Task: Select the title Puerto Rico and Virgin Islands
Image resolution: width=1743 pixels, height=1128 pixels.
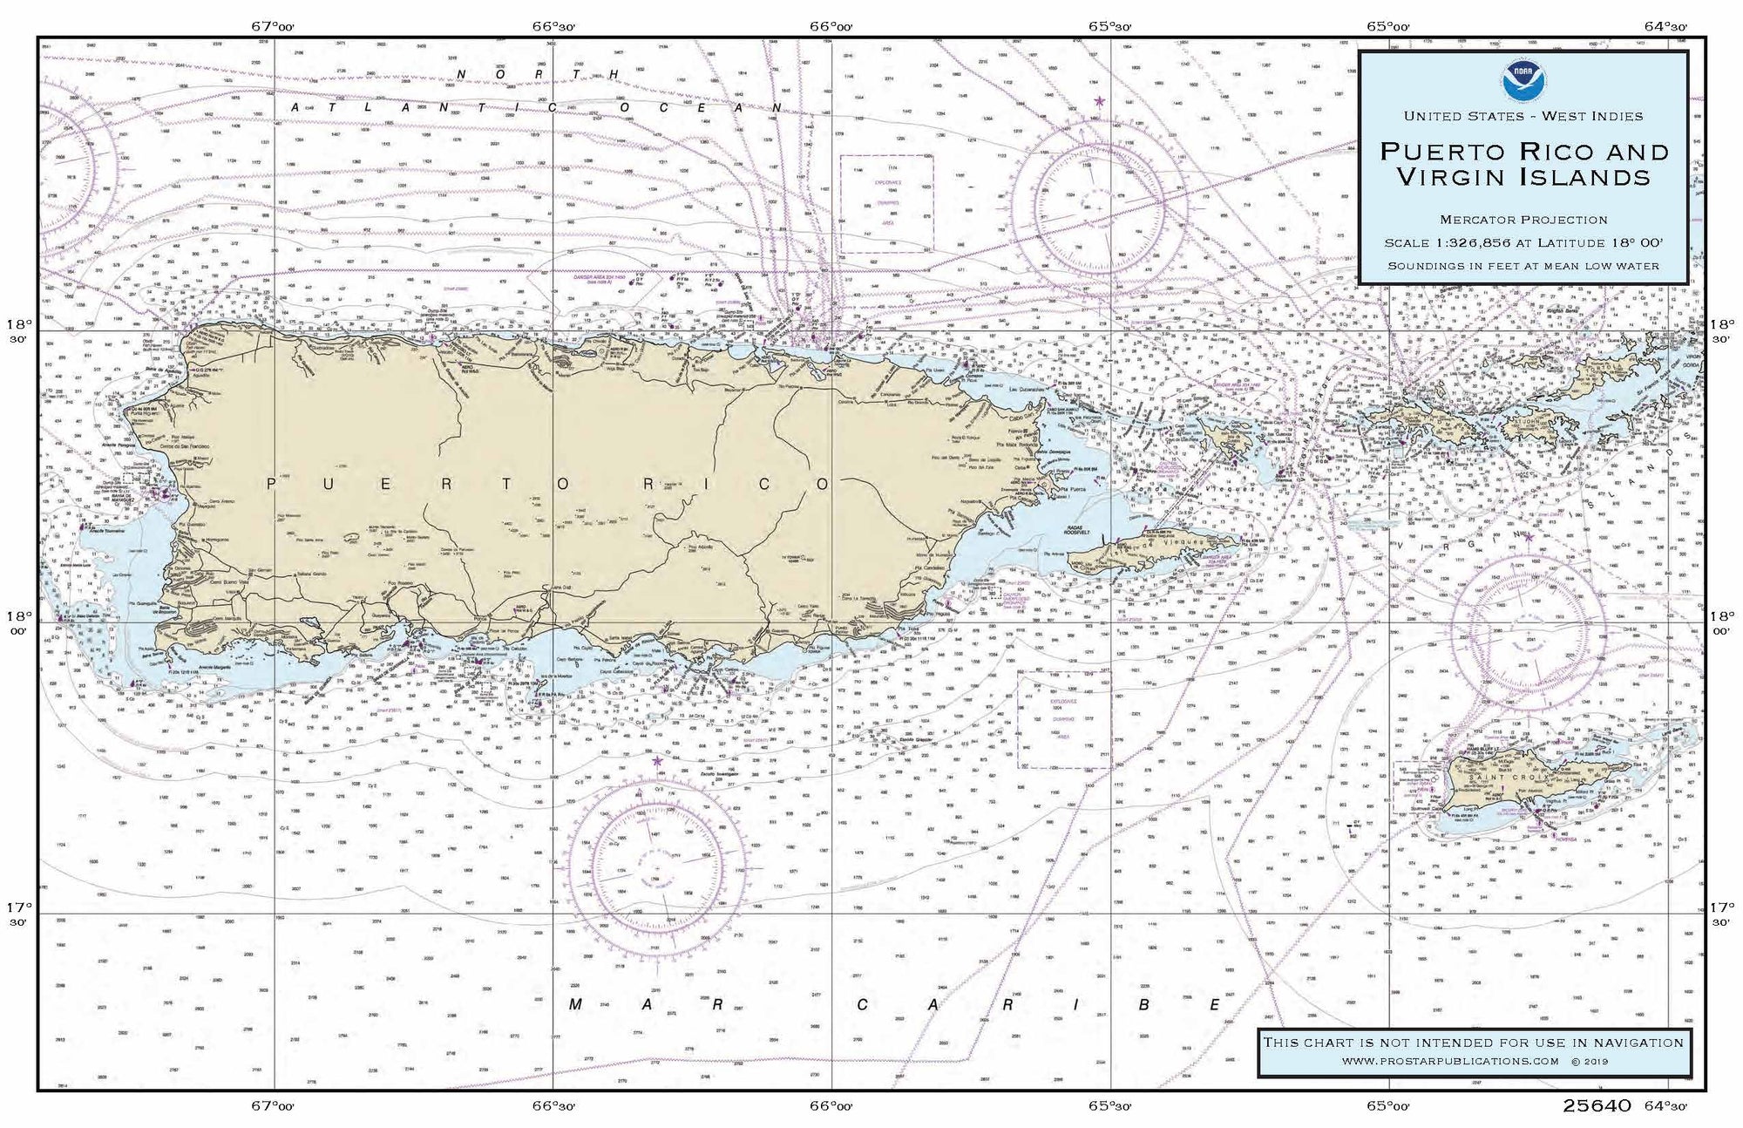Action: coord(1523,164)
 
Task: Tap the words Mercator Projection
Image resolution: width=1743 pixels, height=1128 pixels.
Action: coord(1523,220)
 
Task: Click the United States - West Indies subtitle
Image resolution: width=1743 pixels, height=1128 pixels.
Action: coord(1523,116)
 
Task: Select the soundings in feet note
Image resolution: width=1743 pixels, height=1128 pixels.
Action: coord(1523,266)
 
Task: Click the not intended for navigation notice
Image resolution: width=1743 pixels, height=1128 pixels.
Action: coord(1474,1042)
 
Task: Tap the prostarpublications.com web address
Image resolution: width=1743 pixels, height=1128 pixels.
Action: coord(1450,1061)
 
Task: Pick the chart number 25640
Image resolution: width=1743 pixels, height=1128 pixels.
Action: coord(1596,1106)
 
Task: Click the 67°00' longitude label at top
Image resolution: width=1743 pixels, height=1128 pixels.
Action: coord(273,26)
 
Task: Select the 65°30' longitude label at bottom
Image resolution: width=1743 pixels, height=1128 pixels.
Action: coord(1109,1106)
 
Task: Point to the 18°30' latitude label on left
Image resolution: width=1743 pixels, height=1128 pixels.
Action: coord(19,331)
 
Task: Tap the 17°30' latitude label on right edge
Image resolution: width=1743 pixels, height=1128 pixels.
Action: coord(1721,914)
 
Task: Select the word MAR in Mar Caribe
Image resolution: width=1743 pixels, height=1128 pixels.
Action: coord(646,1004)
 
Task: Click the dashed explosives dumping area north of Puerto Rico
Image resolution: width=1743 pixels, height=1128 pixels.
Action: coord(886,204)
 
